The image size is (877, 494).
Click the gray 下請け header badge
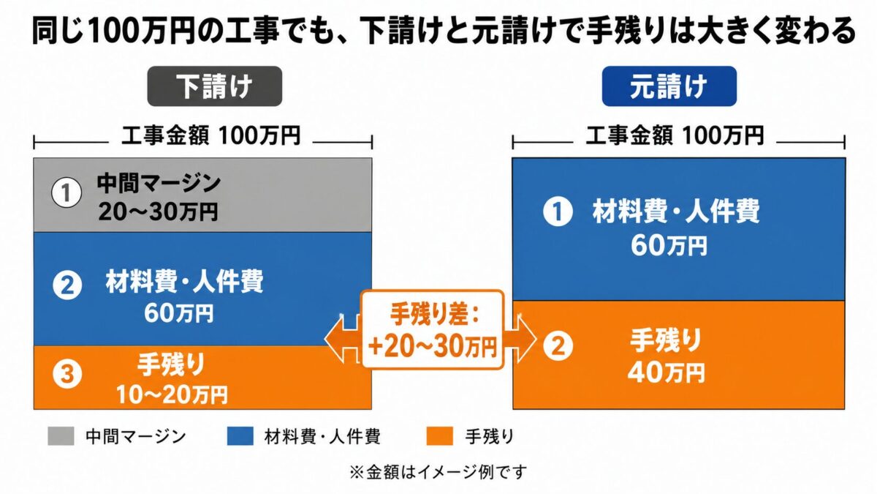[215, 86]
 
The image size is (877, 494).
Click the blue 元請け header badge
[669, 86]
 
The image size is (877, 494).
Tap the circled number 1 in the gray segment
[67, 193]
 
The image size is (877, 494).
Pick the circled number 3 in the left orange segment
[67, 374]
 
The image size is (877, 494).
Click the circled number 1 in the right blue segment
[558, 211]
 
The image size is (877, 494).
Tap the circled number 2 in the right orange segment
[558, 345]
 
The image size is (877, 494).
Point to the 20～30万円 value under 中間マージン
[158, 212]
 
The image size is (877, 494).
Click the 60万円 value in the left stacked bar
[179, 313]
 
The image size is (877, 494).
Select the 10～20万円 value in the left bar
[172, 394]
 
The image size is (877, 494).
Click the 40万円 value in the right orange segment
[666, 373]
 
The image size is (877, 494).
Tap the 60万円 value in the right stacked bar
[669, 246]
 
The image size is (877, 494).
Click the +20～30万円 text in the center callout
[433, 348]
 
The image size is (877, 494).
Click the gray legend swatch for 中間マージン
[61, 436]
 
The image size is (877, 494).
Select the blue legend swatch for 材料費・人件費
[240, 436]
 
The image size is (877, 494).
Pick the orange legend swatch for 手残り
[439, 436]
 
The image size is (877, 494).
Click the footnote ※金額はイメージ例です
[438, 472]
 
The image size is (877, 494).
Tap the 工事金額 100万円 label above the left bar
[210, 136]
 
